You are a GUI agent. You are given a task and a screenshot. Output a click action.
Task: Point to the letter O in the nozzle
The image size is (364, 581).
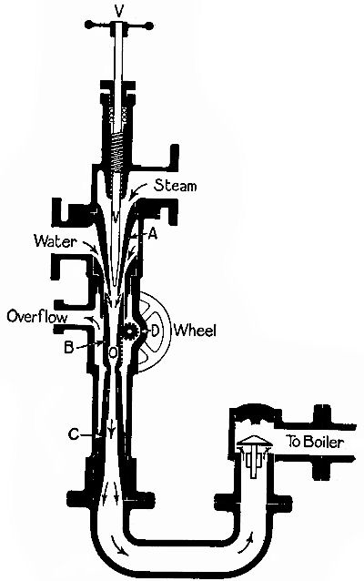click(112, 351)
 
